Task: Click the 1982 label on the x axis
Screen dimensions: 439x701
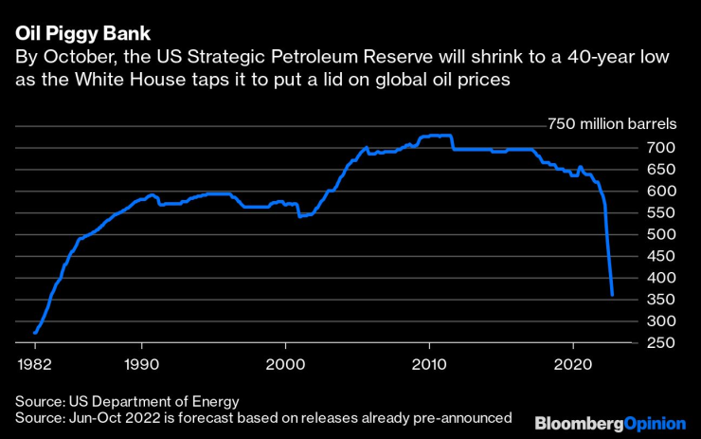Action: click(34, 364)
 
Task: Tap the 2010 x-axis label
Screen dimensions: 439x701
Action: click(429, 364)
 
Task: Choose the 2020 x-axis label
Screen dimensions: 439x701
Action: click(573, 364)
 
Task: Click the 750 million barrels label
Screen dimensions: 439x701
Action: click(612, 124)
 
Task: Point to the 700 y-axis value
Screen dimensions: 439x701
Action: click(661, 148)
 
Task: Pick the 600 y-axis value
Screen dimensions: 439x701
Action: click(661, 192)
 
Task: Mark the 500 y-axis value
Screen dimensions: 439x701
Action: click(661, 234)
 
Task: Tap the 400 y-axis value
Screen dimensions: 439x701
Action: click(661, 278)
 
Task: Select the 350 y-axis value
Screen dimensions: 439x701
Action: click(661, 300)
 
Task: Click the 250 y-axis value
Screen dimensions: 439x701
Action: click(661, 342)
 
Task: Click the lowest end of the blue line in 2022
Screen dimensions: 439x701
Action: click(612, 295)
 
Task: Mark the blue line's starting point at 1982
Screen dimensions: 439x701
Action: click(34, 333)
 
